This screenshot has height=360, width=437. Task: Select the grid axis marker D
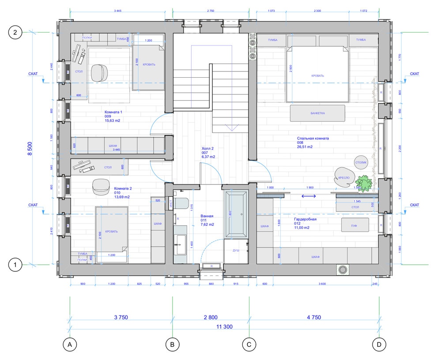point(378,344)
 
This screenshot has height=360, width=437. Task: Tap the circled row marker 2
point(15,33)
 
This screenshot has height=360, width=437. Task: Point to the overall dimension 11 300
point(224,326)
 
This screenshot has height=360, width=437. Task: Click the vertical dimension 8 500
point(30,148)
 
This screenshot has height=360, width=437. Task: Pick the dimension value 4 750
point(314,317)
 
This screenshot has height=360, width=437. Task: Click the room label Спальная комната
point(313,138)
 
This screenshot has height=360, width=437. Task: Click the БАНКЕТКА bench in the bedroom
point(317,113)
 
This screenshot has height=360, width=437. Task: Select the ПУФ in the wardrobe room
point(354,225)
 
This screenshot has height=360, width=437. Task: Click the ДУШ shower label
point(236,251)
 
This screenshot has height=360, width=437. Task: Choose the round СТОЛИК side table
point(361,162)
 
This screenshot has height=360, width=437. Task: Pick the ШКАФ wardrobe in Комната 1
point(113,145)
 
